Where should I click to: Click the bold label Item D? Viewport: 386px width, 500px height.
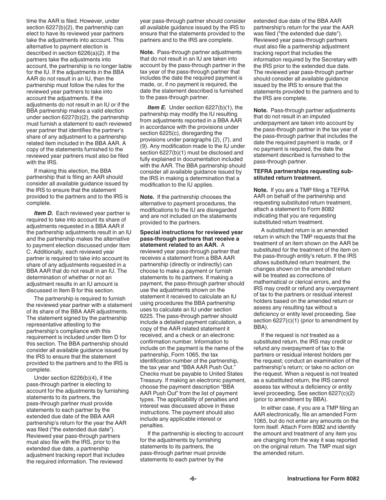[43, 213]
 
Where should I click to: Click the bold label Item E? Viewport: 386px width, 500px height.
[156, 107]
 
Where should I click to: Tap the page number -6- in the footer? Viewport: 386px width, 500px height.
[193, 478]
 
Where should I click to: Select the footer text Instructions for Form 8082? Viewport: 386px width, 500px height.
[323, 478]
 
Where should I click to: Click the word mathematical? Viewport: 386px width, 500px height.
[273, 282]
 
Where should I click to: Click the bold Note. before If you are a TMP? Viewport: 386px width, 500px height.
[260, 190]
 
